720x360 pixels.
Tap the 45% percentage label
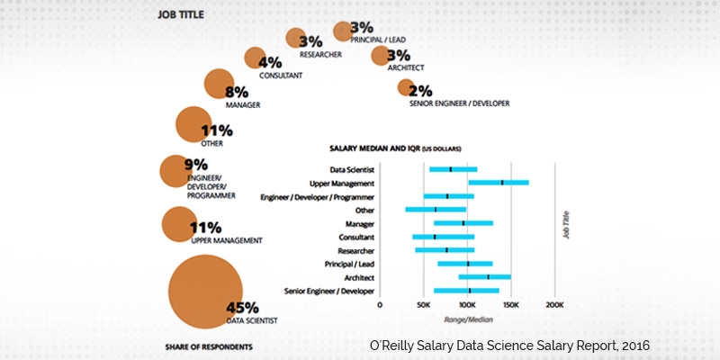242,307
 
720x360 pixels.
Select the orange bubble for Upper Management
180,224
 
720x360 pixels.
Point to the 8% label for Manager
238,92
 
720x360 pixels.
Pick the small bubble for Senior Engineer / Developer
405,87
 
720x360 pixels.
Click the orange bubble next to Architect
381,56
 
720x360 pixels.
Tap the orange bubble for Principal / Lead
342,31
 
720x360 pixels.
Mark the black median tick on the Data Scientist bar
450,169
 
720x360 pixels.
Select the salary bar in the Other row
436,210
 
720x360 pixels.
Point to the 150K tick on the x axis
510,305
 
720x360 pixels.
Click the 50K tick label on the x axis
423,305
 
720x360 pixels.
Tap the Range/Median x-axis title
466,319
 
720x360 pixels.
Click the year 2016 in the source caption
633,346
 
